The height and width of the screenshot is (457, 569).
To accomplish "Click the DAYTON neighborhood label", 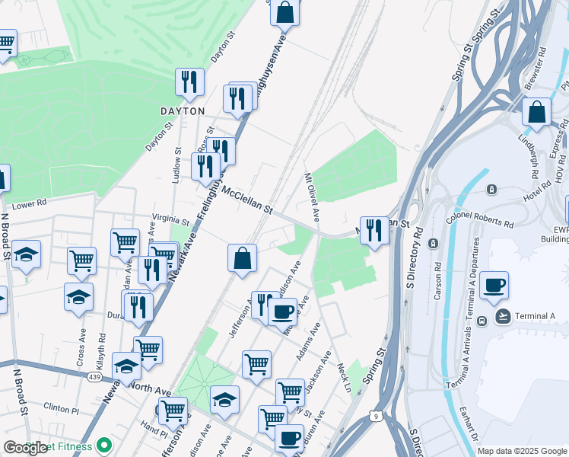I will tap(183, 111).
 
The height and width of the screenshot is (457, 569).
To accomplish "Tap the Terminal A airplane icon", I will tap(502, 316).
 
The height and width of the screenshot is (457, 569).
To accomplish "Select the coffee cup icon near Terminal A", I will tap(494, 286).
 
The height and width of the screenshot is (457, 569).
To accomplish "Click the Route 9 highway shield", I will tap(376, 415).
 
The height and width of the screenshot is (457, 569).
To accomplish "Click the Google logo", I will tap(26, 447).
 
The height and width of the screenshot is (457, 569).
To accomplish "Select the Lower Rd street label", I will tap(30, 204).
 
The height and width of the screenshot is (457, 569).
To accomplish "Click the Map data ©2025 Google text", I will tap(521, 451).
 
